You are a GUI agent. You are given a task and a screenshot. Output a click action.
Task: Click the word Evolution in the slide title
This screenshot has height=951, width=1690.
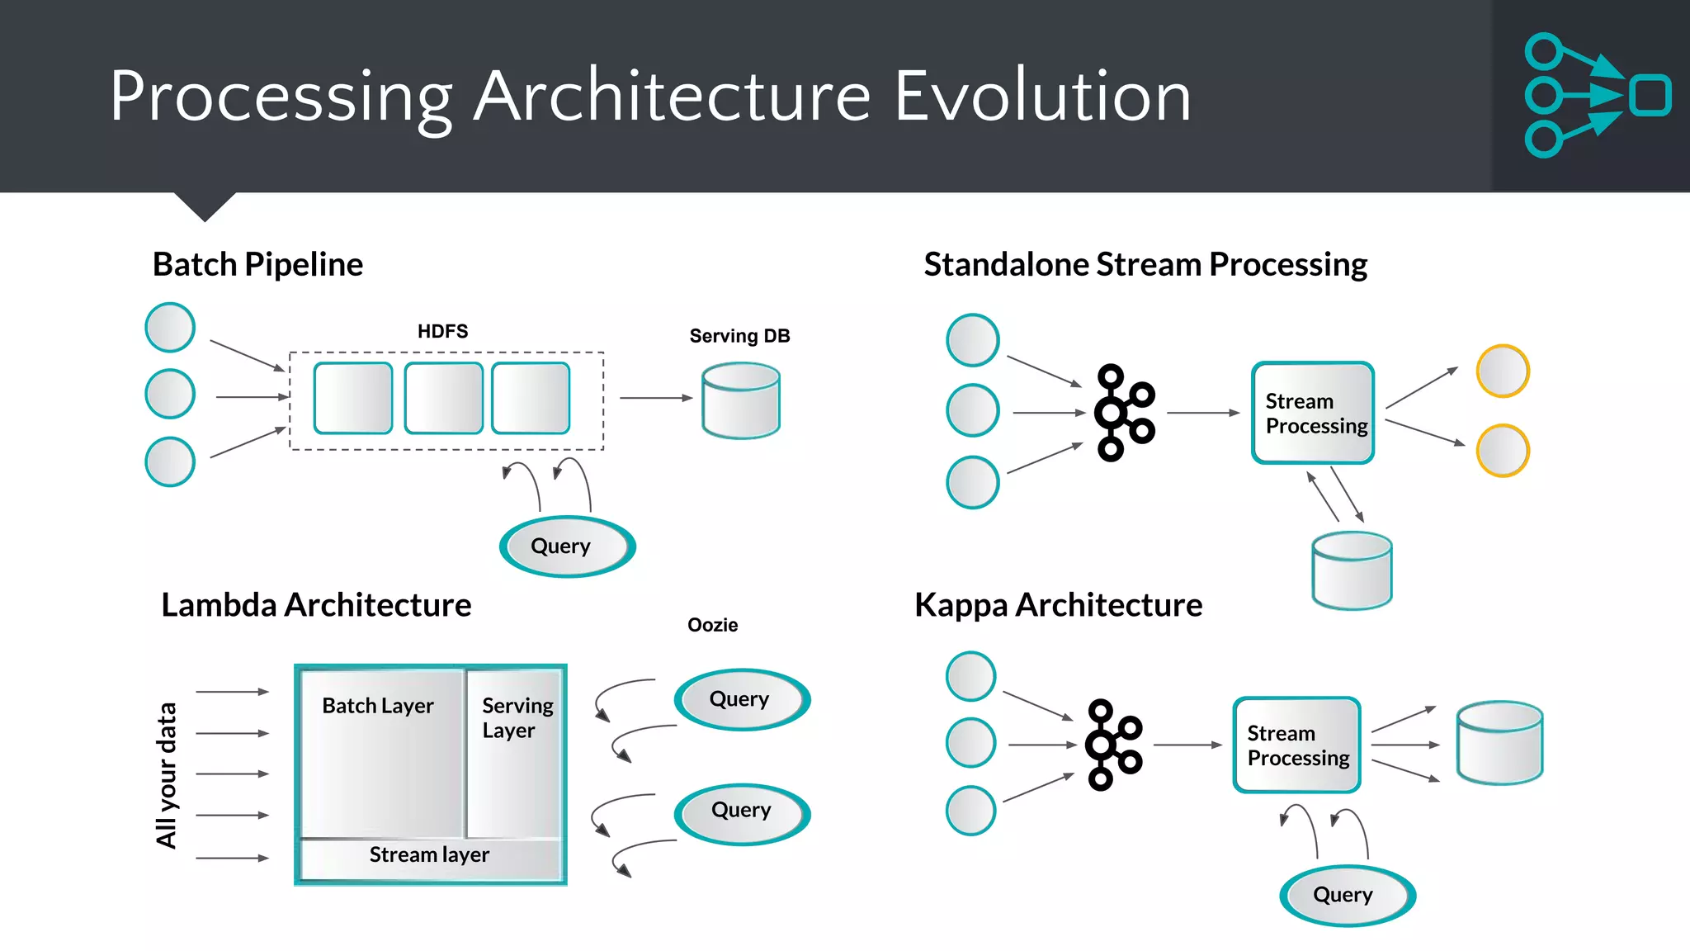pos(1042,97)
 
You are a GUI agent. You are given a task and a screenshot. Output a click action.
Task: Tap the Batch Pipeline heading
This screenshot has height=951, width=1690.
pos(257,264)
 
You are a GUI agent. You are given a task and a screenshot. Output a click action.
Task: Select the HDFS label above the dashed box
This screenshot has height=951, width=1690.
pos(442,331)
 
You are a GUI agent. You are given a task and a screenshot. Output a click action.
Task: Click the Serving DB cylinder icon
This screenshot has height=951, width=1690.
pos(740,402)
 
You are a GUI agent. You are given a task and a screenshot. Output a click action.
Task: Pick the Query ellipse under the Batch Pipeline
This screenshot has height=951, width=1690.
pos(566,546)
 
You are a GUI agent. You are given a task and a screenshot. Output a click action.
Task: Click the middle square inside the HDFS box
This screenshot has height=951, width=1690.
pos(443,398)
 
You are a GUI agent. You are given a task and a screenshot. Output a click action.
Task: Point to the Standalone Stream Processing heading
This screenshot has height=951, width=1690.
pos(1145,264)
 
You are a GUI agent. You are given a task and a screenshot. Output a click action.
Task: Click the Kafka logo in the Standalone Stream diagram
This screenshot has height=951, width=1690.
pos(1123,412)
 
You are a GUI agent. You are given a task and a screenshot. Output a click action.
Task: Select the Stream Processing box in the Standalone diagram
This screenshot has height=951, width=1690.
pos(1312,413)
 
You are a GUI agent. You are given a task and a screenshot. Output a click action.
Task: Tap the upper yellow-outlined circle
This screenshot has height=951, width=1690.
pos(1502,371)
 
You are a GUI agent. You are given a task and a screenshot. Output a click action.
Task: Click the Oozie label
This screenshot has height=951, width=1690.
pos(712,625)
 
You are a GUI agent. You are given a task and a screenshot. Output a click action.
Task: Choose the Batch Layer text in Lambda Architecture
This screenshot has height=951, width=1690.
pos(377,706)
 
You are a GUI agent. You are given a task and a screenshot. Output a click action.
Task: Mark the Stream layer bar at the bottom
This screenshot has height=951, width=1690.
pos(429,855)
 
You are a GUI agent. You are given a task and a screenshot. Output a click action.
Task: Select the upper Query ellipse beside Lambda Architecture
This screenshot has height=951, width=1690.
pos(740,699)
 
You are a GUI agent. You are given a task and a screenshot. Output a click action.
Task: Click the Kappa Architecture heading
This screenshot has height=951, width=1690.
pos(1058,605)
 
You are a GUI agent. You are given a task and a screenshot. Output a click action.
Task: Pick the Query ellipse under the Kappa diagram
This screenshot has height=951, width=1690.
pos(1346,895)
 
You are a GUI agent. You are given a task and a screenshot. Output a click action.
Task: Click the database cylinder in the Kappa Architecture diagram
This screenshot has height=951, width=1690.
pos(1499,742)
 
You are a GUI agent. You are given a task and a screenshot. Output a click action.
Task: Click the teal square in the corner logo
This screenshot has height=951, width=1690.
pos(1650,95)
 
